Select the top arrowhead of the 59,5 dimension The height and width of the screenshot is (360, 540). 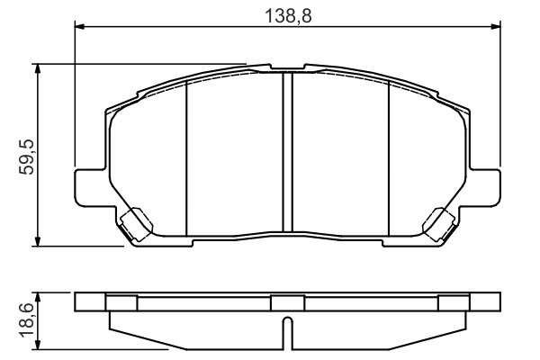37,68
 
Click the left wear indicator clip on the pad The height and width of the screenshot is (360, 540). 135,222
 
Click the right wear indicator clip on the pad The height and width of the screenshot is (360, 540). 440,222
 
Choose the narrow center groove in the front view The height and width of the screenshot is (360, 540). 289,153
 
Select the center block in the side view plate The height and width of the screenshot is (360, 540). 288,302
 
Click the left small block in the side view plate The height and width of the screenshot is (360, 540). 121,302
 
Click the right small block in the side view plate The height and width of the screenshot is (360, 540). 454,302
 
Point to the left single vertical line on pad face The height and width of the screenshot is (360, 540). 185,157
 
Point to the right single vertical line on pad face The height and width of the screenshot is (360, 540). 388,157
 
